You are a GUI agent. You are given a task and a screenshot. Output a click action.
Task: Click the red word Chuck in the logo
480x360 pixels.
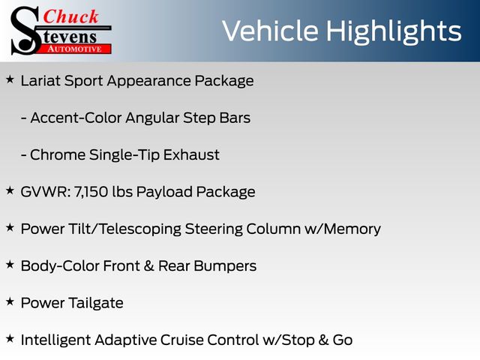point(71,16)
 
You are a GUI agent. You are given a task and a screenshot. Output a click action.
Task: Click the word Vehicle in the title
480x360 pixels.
point(270,31)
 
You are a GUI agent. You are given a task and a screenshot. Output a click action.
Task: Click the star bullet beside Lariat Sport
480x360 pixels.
point(10,79)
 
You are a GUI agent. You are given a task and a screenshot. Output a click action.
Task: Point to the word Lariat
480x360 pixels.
point(40,81)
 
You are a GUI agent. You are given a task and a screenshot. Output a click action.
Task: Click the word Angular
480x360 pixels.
point(152,118)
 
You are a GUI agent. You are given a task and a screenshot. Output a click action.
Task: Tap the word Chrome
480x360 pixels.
point(58,155)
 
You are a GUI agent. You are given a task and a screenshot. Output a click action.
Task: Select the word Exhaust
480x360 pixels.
point(191,155)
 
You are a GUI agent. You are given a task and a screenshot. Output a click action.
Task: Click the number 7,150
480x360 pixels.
point(91,192)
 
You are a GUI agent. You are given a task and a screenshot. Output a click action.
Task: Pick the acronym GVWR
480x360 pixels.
point(46,192)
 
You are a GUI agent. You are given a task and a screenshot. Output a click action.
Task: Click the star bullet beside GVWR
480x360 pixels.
point(10,190)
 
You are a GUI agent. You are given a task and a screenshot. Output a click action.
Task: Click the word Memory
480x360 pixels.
point(352,229)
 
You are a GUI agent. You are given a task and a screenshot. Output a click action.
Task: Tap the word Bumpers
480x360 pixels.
point(225,266)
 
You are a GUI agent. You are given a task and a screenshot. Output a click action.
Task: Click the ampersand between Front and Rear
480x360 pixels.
point(148,266)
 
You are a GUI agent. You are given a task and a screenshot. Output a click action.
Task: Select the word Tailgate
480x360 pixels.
point(96,303)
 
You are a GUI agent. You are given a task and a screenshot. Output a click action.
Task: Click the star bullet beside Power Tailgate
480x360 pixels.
point(10,301)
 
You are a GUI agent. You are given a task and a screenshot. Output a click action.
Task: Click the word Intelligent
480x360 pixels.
point(55,340)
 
